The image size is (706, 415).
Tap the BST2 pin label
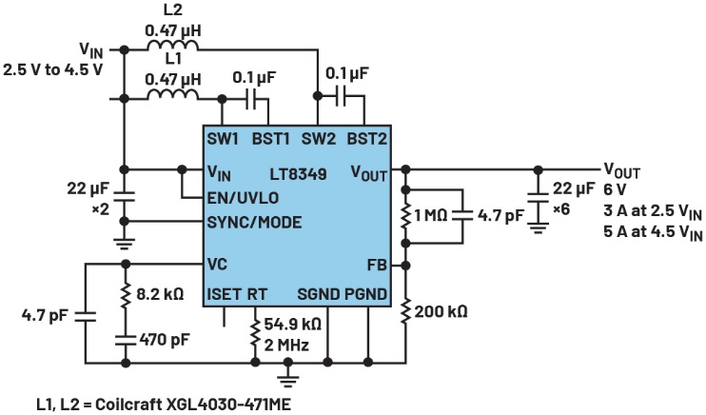click(x=366, y=138)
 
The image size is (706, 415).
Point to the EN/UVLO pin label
click(x=244, y=198)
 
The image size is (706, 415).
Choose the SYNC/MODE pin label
click(x=254, y=223)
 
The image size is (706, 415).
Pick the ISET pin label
click(x=225, y=294)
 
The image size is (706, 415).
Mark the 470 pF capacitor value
click(x=160, y=337)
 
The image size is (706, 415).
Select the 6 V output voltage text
click(x=615, y=190)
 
